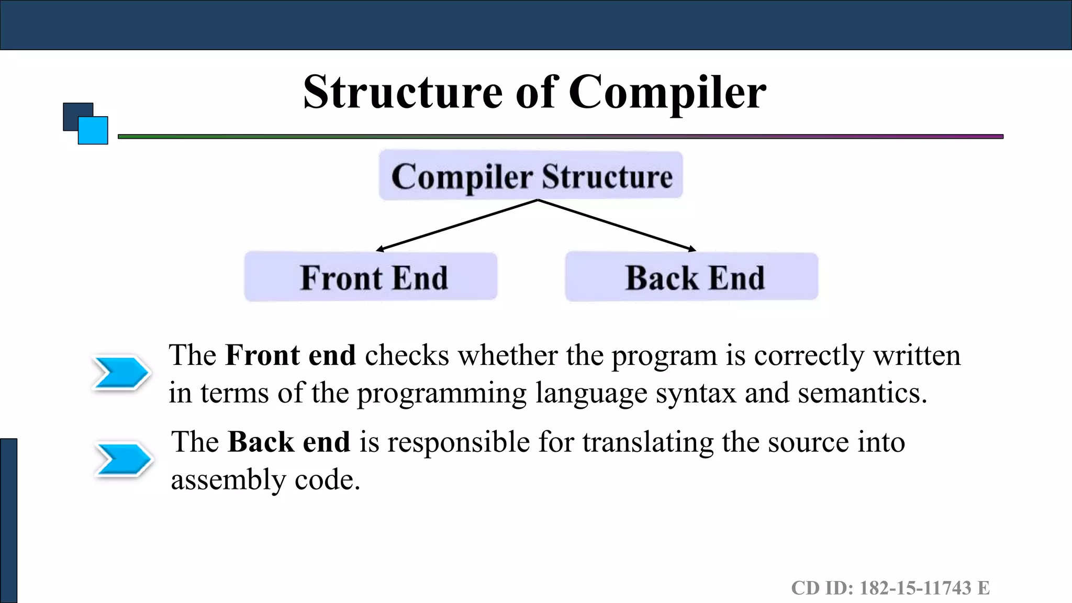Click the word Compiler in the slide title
(x=667, y=92)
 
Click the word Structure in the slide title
(x=403, y=92)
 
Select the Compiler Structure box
(x=531, y=176)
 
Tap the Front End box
(x=371, y=277)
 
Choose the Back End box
(x=691, y=277)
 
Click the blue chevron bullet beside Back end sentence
(x=124, y=460)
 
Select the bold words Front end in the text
(x=291, y=355)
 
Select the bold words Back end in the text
(x=289, y=442)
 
